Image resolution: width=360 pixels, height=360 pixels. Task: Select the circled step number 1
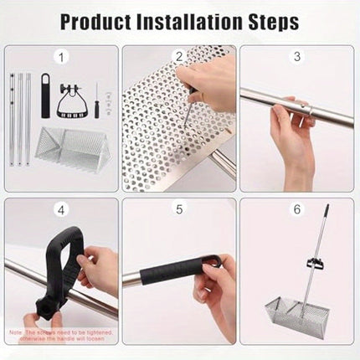point(61,58)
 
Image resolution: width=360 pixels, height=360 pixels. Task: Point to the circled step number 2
point(178,57)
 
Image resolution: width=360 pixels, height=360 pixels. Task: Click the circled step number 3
point(296,57)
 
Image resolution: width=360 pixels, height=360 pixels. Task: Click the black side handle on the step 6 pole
point(316,265)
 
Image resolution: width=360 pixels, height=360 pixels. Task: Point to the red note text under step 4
point(61,335)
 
